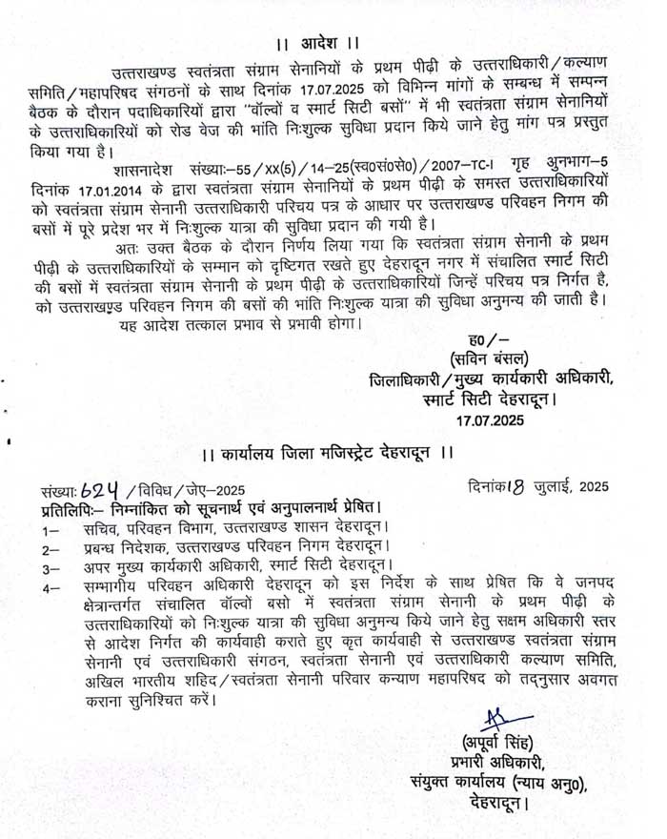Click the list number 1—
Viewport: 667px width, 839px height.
click(x=51, y=528)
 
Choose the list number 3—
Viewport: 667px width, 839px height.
click(x=51, y=568)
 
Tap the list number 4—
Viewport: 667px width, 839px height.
click(x=51, y=588)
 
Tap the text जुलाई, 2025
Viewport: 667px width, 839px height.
click(x=576, y=487)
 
